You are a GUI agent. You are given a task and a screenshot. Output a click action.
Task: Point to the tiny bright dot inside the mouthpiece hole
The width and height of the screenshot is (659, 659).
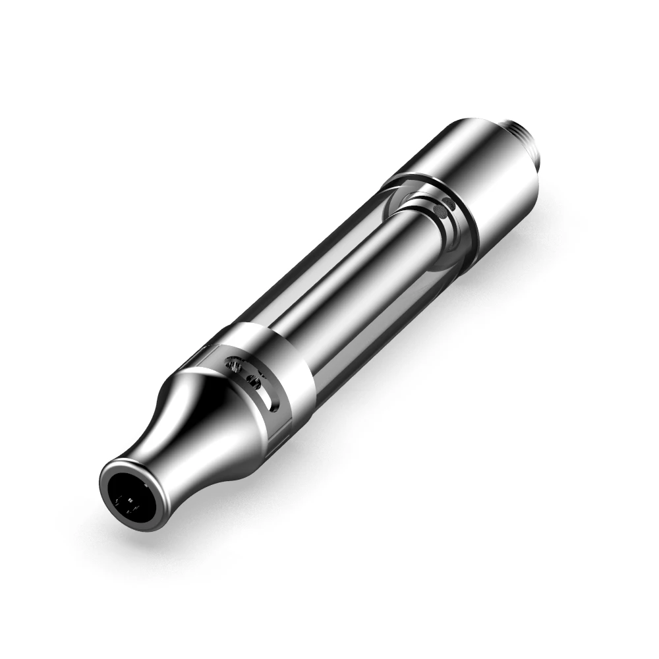130,501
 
